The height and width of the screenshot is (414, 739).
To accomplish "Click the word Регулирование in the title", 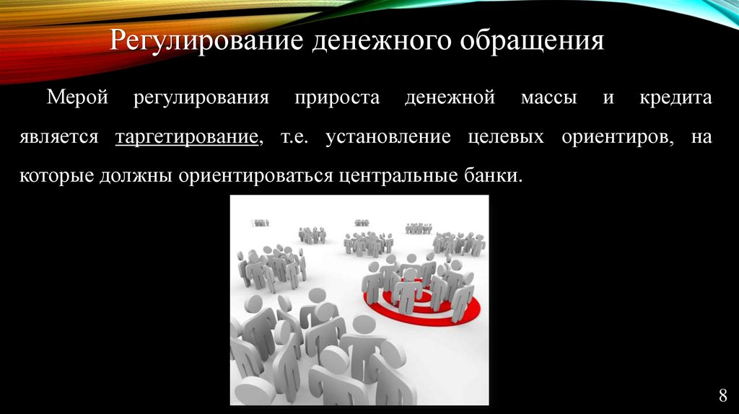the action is pos(207,41).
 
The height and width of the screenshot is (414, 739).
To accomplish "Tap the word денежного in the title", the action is pos(382,41).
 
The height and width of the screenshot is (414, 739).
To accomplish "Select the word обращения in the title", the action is pos(532,41).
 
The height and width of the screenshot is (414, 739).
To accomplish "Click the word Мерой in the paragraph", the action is pos(77,98).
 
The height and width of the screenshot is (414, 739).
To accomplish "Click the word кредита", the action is pos(675,98).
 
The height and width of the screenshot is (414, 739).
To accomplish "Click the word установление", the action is pos(388,137).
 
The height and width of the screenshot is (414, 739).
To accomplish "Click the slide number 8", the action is pos(723,396).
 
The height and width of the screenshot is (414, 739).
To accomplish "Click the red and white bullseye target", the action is pos(421,307).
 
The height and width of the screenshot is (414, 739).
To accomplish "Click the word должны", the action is pos(136,177).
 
